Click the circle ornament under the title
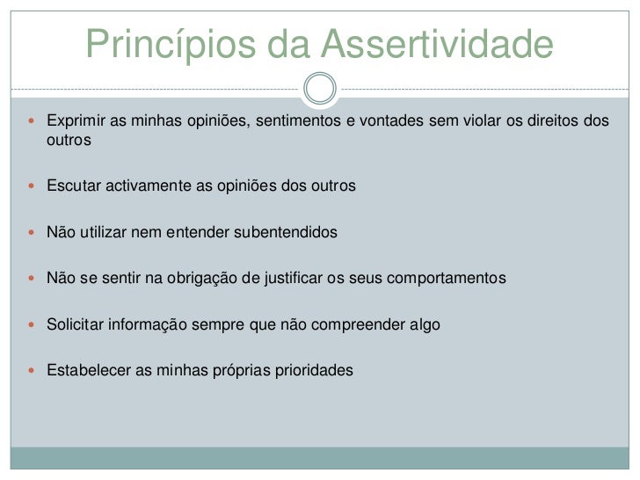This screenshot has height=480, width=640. pyautogui.click(x=320, y=88)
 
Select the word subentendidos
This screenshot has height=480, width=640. pyautogui.click(x=285, y=233)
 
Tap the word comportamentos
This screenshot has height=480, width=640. pyautogui.click(x=447, y=279)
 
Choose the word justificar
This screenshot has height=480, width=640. pyautogui.click(x=294, y=279)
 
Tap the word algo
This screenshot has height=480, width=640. pyautogui.click(x=423, y=324)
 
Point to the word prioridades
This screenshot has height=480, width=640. pyautogui.click(x=315, y=370)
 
